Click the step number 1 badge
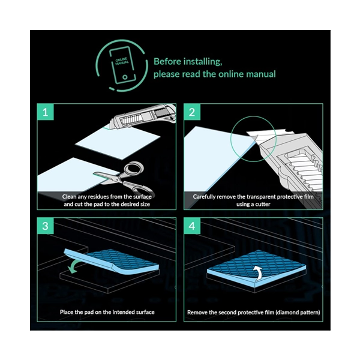46,112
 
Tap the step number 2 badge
192,112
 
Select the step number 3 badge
46,226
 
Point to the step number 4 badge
192,226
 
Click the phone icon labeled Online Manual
122,65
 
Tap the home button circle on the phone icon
125,77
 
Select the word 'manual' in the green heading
261,74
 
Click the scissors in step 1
124,178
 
